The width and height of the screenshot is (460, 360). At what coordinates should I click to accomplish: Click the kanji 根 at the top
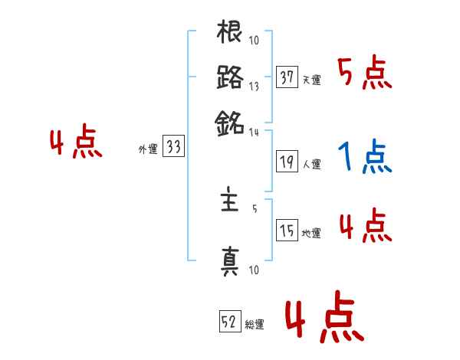click(x=230, y=34)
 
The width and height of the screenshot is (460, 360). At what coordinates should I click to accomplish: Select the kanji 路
click(x=230, y=77)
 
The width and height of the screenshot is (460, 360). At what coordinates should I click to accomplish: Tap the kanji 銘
click(x=230, y=121)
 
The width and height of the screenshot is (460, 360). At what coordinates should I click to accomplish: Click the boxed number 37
click(x=287, y=77)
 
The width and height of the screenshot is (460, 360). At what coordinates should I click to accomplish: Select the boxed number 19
click(x=287, y=162)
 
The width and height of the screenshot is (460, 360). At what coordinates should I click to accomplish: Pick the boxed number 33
click(x=173, y=148)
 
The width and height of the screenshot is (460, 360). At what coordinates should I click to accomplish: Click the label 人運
click(x=311, y=164)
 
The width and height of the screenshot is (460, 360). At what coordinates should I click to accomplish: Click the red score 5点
click(x=364, y=74)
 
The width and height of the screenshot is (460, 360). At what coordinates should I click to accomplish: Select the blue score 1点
click(x=364, y=158)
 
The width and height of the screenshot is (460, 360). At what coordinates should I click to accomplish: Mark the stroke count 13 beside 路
click(x=254, y=86)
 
